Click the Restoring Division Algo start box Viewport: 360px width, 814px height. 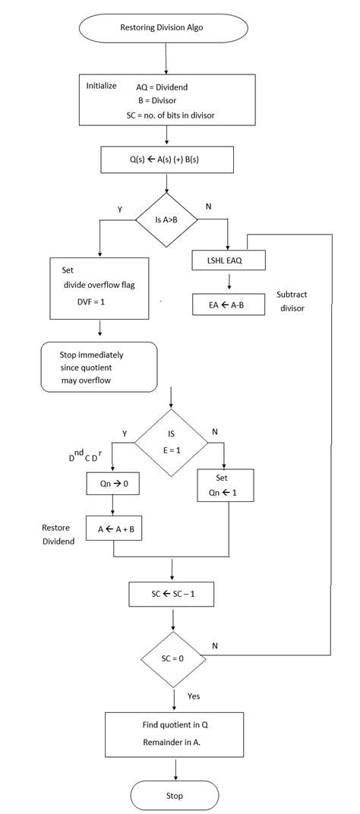[164, 28]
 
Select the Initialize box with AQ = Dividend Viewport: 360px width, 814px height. [166, 99]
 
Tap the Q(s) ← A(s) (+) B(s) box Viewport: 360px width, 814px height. [166, 159]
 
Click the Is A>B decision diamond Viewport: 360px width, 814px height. [166, 221]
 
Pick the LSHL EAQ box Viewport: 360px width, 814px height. [228, 260]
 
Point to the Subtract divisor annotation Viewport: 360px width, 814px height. [292, 301]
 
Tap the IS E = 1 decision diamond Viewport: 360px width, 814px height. [171, 443]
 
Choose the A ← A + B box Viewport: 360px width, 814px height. [114, 529]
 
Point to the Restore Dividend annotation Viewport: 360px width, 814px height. [59, 534]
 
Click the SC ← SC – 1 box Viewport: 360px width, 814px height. [173, 594]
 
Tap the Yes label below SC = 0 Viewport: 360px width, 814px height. [194, 695]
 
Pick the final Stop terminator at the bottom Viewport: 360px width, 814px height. [175, 795]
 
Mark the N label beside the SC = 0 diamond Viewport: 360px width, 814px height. [215, 645]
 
